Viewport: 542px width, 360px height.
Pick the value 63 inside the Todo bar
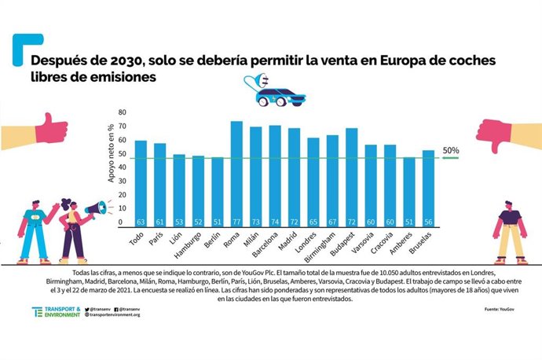tap(141, 222)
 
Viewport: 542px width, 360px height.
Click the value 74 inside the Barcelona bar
tap(275, 222)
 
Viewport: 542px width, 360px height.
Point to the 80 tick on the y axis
tap(121, 112)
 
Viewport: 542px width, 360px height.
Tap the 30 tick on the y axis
tap(121, 182)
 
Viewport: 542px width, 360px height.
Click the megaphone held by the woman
tap(94, 209)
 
